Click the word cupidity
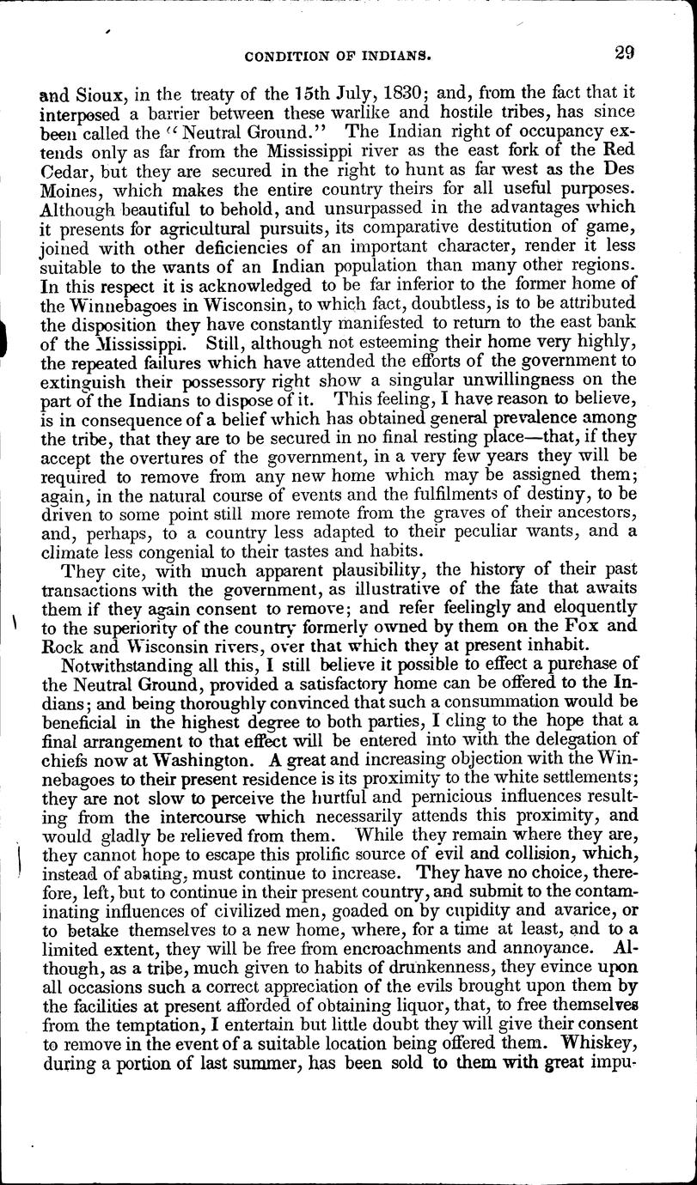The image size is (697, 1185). point(478,908)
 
